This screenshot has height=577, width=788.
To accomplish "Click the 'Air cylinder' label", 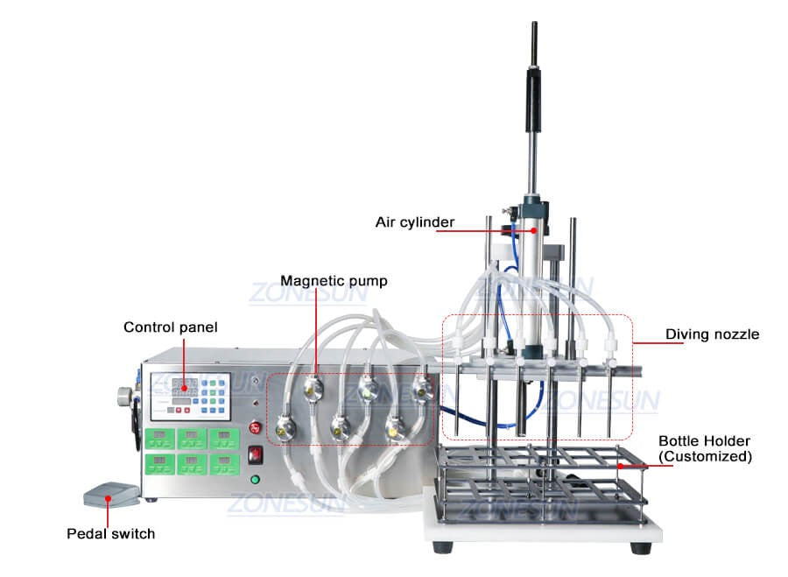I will click(415, 222).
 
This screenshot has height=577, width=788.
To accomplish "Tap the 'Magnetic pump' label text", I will click(334, 281).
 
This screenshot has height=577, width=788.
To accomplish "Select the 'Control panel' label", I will click(170, 327).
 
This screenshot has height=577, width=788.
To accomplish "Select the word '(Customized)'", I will click(705, 456).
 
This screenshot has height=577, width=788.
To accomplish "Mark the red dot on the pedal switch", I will click(108, 498).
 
